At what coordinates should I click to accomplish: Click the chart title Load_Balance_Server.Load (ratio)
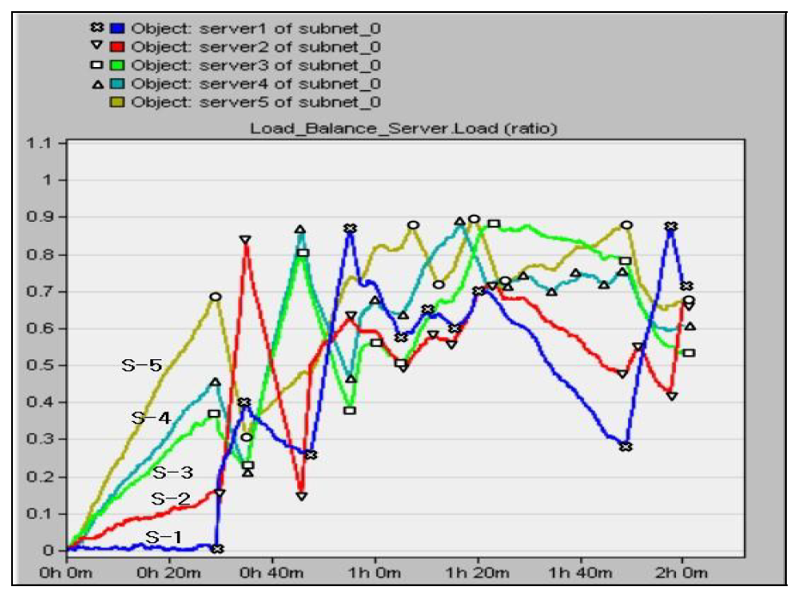point(403,129)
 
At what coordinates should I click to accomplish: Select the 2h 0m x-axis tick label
point(682,570)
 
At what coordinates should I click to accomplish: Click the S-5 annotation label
point(141,365)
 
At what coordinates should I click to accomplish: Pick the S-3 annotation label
point(173,472)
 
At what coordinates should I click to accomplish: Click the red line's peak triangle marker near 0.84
point(246,240)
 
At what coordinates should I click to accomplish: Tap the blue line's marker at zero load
point(218,548)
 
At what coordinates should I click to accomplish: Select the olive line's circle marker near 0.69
point(216,296)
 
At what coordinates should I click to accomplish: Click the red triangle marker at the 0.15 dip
point(302,496)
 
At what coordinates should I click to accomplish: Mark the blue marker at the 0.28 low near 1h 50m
point(626,447)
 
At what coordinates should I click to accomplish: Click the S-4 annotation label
point(151,419)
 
